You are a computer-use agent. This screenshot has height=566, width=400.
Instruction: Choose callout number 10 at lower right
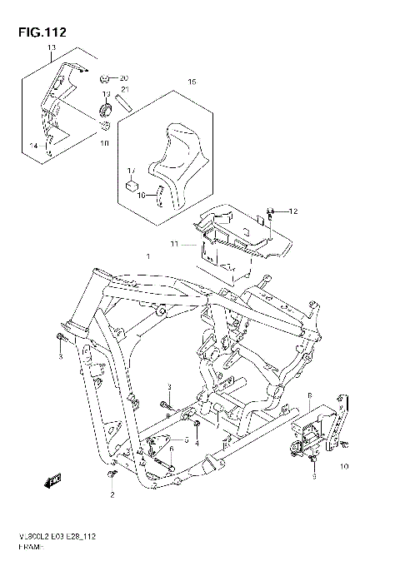pos(344,468)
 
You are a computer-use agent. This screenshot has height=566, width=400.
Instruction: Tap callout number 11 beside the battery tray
pos(175,243)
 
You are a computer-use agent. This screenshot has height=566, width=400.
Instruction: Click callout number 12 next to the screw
pos(292,212)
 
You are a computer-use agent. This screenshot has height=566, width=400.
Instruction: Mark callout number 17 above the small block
pos(131,170)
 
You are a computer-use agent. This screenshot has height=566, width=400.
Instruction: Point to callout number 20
pos(124,77)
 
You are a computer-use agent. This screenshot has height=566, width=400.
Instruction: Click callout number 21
pos(124,89)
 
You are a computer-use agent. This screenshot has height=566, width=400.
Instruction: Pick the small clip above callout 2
pos(110,475)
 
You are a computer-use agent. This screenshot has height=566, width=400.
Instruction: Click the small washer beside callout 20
pos(105,77)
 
